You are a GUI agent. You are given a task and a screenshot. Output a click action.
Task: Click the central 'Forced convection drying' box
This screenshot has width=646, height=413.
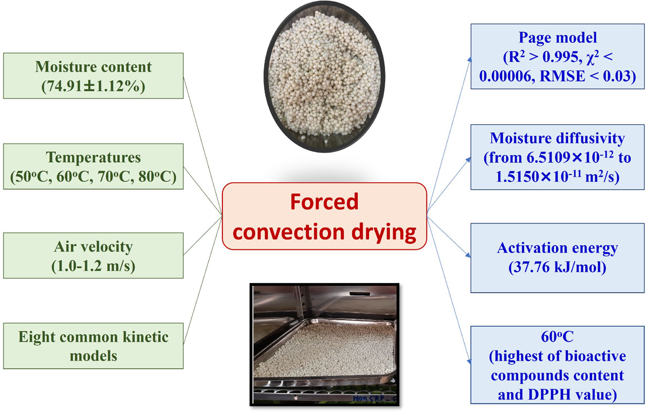pos(324,216)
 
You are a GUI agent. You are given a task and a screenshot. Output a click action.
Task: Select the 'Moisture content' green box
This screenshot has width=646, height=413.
pos(93,76)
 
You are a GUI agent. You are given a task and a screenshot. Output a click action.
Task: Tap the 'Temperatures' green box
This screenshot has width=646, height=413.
pos(93,167)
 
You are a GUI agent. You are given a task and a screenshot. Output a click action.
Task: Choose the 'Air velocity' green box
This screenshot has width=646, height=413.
pos(93,255)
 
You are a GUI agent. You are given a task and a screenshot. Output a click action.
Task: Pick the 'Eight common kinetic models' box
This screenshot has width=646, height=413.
pos(93,345)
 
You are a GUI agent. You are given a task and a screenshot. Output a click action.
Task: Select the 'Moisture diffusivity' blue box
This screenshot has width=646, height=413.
pos(557,155)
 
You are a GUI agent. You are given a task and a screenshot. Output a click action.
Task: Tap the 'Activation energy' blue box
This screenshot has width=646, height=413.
pos(557,257)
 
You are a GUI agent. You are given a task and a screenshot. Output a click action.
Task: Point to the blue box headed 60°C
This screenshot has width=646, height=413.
pos(557,365)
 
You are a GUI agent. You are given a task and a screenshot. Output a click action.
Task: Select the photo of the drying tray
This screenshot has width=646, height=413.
pos(324,344)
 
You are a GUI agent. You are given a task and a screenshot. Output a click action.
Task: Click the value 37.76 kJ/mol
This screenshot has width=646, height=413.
pos(557,267)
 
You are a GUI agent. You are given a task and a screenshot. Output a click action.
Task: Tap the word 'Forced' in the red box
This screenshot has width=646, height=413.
pos(324,201)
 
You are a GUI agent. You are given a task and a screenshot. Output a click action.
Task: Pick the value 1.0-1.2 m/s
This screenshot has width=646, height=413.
pos(93,265)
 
